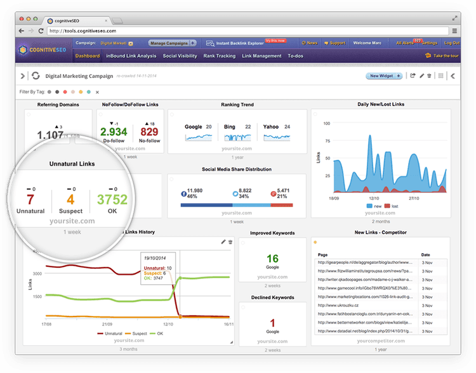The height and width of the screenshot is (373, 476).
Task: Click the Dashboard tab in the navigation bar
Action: pyautogui.click(x=87, y=56)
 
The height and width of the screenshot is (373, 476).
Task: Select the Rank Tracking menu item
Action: pyautogui.click(x=219, y=56)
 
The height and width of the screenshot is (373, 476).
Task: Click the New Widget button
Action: pyautogui.click(x=384, y=76)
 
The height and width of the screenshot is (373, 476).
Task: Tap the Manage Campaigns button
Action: pyautogui.click(x=168, y=43)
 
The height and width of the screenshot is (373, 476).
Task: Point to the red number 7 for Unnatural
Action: pyautogui.click(x=30, y=199)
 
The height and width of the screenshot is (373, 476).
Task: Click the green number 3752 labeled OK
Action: pyautogui.click(x=112, y=199)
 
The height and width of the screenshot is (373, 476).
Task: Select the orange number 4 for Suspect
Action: pyautogui.click(x=70, y=199)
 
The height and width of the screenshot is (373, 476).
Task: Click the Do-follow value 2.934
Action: pyautogui.click(x=114, y=133)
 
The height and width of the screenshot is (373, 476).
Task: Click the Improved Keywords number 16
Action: pyautogui.click(x=272, y=258)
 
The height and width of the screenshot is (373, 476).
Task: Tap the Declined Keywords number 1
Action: pyautogui.click(x=272, y=322)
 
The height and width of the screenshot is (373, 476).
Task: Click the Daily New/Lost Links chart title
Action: pyautogui.click(x=381, y=104)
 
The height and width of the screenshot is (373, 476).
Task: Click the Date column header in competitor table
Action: pyautogui.click(x=426, y=254)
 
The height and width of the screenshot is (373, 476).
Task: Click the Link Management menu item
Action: pyautogui.click(x=261, y=56)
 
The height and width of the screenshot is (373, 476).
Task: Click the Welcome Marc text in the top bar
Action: pyautogui.click(x=367, y=43)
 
